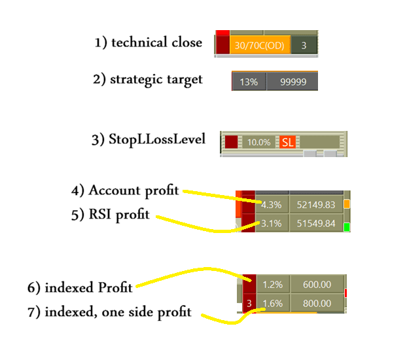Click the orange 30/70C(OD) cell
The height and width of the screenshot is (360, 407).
pyautogui.click(x=260, y=45)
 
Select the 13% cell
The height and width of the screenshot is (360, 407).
pyautogui.click(x=249, y=82)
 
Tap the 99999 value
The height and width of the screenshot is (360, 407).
pyautogui.click(x=292, y=82)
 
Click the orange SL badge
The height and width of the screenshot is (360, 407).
pyautogui.click(x=288, y=142)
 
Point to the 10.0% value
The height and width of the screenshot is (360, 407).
pyautogui.click(x=258, y=142)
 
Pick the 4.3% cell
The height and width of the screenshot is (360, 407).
pyautogui.click(x=272, y=205)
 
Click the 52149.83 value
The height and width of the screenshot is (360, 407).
pyautogui.click(x=316, y=205)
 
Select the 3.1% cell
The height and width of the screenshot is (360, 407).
pyautogui.click(x=272, y=223)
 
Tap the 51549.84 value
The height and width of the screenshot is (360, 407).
pyautogui.click(x=316, y=223)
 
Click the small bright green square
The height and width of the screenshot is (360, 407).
pyautogui.click(x=347, y=227)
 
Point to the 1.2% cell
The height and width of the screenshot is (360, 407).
pyautogui.click(x=273, y=285)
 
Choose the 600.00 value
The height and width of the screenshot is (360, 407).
pyautogui.click(x=317, y=285)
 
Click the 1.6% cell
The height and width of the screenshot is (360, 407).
pyautogui.click(x=273, y=303)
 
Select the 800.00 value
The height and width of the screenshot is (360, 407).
pyautogui.click(x=317, y=303)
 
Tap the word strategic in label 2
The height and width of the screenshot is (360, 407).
pyautogui.click(x=136, y=80)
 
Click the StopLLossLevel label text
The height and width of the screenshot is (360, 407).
pyautogui.click(x=157, y=139)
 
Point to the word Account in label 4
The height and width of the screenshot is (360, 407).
pyautogui.click(x=115, y=190)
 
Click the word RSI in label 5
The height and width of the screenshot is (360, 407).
pyautogui.click(x=100, y=214)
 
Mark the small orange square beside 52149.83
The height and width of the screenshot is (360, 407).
pyautogui.click(x=347, y=204)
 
